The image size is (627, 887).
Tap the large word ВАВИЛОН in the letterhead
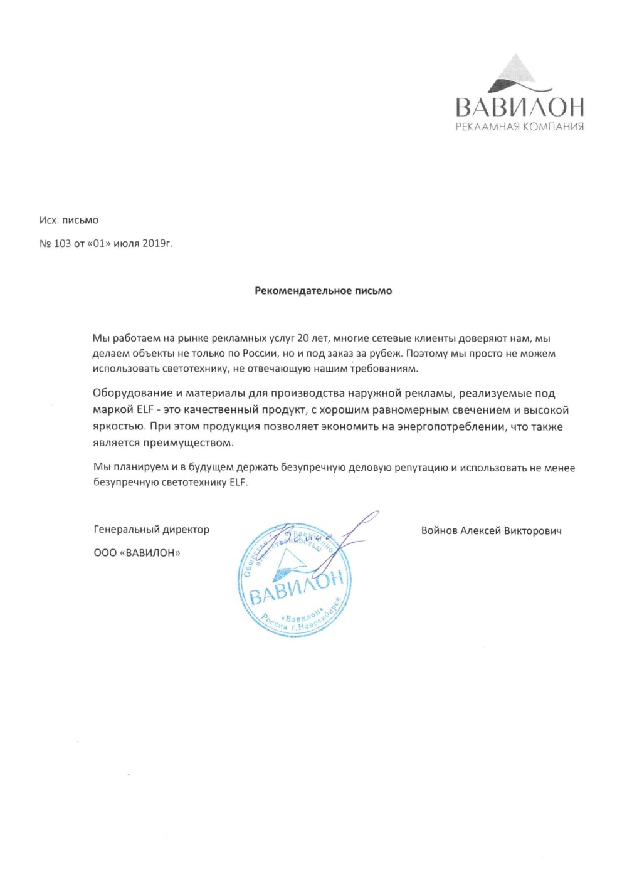(520, 107)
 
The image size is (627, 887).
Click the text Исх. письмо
(69, 221)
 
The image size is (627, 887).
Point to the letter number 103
(62, 243)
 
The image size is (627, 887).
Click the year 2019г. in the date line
(157, 243)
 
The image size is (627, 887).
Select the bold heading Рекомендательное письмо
(323, 291)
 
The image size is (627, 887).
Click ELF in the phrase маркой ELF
(144, 411)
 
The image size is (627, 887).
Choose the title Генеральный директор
(151, 530)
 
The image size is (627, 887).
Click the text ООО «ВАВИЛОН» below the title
(137, 553)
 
